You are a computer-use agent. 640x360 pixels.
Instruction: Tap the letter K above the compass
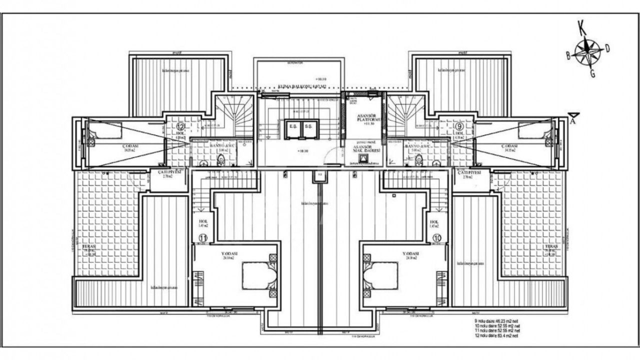[581, 26]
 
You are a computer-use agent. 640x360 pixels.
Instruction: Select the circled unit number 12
[180, 126]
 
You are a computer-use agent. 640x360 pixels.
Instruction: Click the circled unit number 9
[458, 126]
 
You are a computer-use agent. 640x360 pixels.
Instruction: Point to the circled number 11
[203, 238]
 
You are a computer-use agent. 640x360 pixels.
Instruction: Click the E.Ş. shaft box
[292, 127]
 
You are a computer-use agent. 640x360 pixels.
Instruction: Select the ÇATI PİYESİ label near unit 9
[468, 173]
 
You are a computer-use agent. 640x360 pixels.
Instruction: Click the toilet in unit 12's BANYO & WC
[220, 160]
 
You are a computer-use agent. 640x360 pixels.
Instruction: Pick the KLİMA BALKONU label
[302, 86]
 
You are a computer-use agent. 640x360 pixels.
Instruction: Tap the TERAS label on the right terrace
[551, 247]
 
